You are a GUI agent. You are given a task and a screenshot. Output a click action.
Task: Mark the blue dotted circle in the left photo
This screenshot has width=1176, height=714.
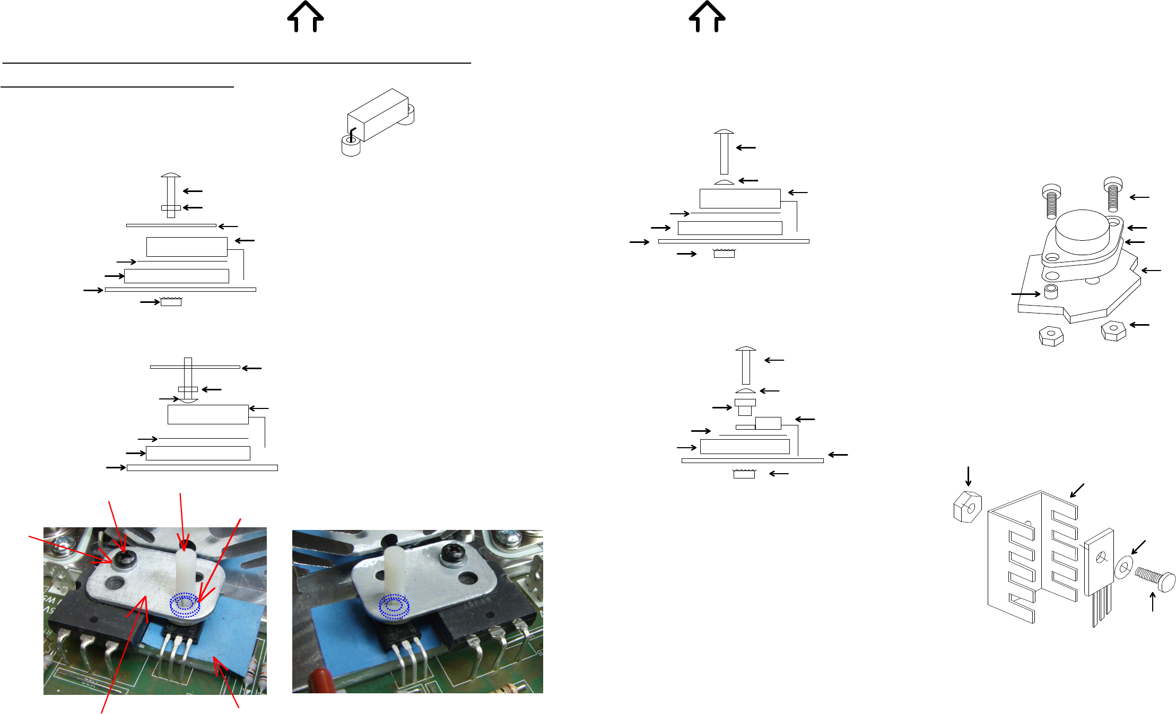185,605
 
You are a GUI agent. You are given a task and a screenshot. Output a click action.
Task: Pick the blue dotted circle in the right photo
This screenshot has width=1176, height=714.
394,607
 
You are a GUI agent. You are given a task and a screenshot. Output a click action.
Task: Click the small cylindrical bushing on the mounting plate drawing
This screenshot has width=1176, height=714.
1051,291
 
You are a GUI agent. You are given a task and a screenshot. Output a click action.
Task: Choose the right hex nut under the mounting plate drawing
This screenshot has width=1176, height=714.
1113,330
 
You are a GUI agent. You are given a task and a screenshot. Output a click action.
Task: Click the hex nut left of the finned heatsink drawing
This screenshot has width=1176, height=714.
968,507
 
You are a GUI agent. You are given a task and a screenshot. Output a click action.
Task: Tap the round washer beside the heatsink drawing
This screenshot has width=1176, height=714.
1124,568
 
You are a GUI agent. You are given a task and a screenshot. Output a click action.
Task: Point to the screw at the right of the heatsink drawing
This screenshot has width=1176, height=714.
1156,580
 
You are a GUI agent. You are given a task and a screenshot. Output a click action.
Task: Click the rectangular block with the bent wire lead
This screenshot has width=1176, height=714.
378,115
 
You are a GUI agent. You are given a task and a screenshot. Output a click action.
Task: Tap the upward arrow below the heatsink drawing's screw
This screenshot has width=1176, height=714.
1153,602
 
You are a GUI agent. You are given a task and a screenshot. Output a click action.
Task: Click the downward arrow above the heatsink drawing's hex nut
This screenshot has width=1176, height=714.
969,476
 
